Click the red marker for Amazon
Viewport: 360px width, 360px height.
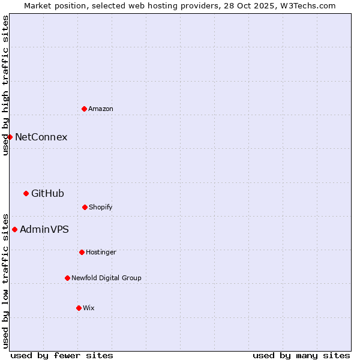pos(84,109)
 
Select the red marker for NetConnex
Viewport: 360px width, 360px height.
pos(10,137)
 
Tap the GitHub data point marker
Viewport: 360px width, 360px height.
pos(26,193)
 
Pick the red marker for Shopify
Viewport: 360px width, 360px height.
pos(85,207)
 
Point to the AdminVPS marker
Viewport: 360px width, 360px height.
pos(14,229)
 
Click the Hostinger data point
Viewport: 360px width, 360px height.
pos(82,252)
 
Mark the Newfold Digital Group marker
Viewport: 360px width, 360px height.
pos(67,278)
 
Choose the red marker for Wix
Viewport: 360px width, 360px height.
pos(79,308)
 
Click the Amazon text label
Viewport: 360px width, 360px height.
pos(101,109)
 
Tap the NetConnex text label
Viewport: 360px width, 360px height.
pos(41,137)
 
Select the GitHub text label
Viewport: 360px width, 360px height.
pos(47,193)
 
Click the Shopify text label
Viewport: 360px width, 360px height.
pos(101,207)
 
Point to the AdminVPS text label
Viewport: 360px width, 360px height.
pos(44,229)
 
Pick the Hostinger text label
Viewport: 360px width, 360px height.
pos(101,252)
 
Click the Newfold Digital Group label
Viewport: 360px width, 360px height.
pos(106,278)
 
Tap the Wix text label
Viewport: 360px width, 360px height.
pos(89,308)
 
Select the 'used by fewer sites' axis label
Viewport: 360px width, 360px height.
pos(62,355)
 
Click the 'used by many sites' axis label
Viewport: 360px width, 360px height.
pos(301,355)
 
